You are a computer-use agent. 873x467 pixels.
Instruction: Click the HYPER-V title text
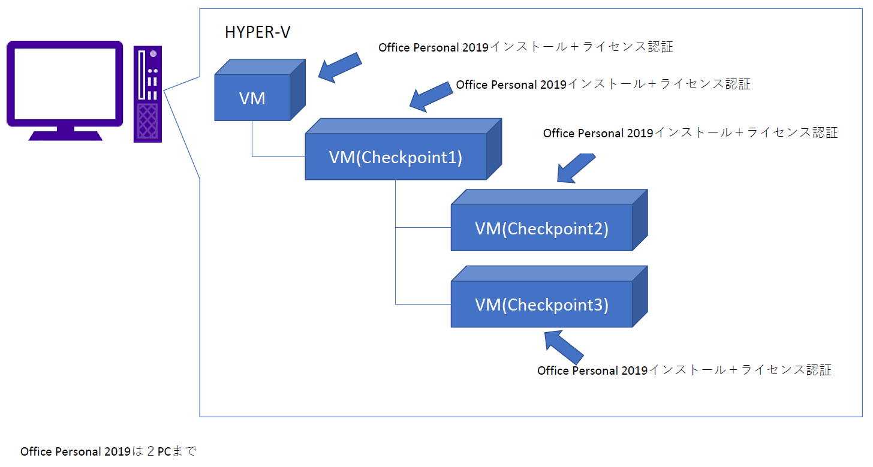[257, 32]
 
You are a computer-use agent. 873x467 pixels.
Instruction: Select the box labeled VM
[260, 90]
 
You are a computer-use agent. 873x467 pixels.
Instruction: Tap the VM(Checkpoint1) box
[403, 149]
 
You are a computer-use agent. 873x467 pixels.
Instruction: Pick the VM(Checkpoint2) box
[549, 220]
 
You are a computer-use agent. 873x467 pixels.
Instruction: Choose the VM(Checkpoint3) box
[549, 297]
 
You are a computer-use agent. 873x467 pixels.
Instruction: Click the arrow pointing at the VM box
[340, 68]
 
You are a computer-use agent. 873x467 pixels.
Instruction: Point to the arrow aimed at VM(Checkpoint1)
[431, 97]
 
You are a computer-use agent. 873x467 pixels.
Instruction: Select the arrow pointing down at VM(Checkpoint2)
[576, 168]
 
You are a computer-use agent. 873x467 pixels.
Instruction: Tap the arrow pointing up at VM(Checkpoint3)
[564, 347]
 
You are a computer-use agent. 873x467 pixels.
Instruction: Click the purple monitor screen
[65, 84]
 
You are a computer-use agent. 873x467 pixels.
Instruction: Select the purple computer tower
[147, 94]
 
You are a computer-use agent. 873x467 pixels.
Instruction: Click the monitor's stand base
[65, 135]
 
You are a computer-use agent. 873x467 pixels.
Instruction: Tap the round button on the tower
[153, 54]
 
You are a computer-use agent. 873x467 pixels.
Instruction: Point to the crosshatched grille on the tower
[147, 121]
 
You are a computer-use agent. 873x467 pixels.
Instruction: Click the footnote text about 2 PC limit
[109, 451]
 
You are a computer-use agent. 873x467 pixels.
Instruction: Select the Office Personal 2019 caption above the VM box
[526, 47]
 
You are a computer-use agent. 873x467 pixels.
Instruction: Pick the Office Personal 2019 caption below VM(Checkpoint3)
[684, 370]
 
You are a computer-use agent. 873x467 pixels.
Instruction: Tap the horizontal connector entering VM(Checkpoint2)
[423, 227]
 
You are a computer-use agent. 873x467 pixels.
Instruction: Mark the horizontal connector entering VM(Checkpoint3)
[423, 304]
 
